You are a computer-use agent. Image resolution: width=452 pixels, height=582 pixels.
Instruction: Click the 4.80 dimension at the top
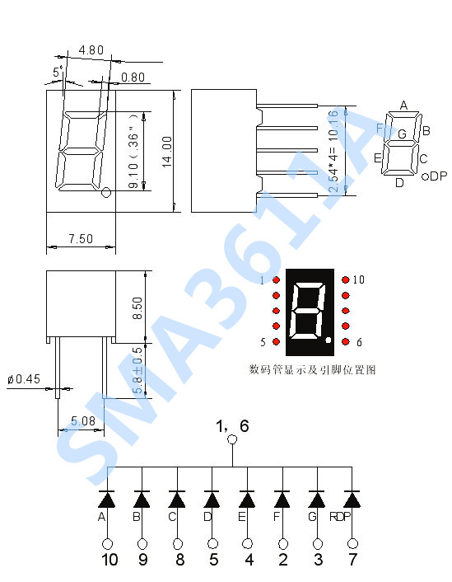[91, 50]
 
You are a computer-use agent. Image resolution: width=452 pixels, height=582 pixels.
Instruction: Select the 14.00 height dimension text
[166, 152]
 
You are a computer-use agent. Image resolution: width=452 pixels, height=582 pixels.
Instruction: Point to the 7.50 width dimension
[80, 239]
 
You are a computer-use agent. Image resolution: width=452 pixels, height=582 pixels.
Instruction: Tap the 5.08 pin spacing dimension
[83, 421]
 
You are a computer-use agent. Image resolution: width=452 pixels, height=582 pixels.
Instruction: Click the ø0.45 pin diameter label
[23, 379]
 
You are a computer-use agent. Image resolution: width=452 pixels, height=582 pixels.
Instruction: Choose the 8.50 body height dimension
[137, 307]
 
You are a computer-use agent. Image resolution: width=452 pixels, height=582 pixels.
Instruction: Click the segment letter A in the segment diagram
[403, 105]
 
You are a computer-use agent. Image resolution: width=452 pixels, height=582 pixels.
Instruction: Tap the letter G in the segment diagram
[402, 134]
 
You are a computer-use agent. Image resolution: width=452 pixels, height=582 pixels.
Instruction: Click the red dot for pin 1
[276, 280]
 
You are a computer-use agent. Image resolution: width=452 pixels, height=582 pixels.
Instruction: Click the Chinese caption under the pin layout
[312, 370]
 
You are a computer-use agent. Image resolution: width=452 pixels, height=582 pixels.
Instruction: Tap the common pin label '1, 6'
[231, 426]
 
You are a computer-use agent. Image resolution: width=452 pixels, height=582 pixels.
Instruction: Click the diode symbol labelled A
[107, 500]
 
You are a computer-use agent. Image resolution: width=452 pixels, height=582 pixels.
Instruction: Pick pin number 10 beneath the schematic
[109, 561]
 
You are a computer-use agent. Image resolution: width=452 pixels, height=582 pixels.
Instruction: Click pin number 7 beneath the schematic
[353, 561]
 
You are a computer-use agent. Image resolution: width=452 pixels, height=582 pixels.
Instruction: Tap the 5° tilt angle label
[58, 73]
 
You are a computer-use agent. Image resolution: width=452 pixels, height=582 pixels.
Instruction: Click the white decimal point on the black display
[328, 340]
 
